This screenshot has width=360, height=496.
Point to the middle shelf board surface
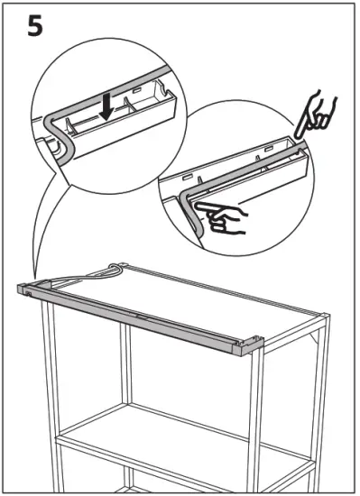180,424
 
